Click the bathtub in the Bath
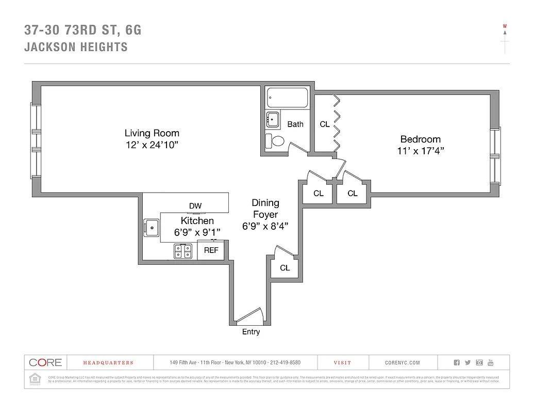(287, 98)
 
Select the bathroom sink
(273, 119)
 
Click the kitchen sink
(152, 227)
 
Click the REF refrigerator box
(211, 250)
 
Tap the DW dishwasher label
(195, 206)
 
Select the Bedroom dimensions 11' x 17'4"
(421, 150)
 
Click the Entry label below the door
(251, 332)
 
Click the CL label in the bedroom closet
(325, 124)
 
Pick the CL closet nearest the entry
(285, 268)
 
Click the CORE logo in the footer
(45, 362)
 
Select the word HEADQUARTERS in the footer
(108, 363)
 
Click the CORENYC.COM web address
(403, 363)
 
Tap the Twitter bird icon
(468, 363)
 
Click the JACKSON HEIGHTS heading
(76, 47)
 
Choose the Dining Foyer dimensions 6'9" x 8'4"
(265, 226)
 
